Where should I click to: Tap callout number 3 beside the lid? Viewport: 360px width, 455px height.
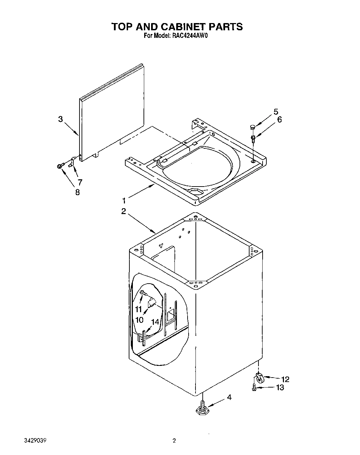[x=61, y=119]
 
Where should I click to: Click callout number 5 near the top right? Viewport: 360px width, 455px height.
[x=276, y=112]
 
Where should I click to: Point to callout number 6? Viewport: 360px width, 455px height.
[x=279, y=119]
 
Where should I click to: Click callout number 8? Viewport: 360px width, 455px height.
[x=77, y=192]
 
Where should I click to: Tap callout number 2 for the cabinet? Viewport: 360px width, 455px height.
[x=123, y=211]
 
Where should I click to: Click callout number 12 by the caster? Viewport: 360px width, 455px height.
[x=285, y=379]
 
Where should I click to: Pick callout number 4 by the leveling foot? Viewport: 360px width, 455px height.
[x=229, y=398]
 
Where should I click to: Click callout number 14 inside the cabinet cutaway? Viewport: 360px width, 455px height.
[x=155, y=322]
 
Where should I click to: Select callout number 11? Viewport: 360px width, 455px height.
[x=138, y=308]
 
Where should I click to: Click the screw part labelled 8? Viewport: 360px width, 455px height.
[x=60, y=166]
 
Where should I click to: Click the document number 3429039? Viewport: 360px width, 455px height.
[x=35, y=441]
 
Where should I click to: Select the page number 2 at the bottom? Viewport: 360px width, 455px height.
[x=174, y=441]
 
